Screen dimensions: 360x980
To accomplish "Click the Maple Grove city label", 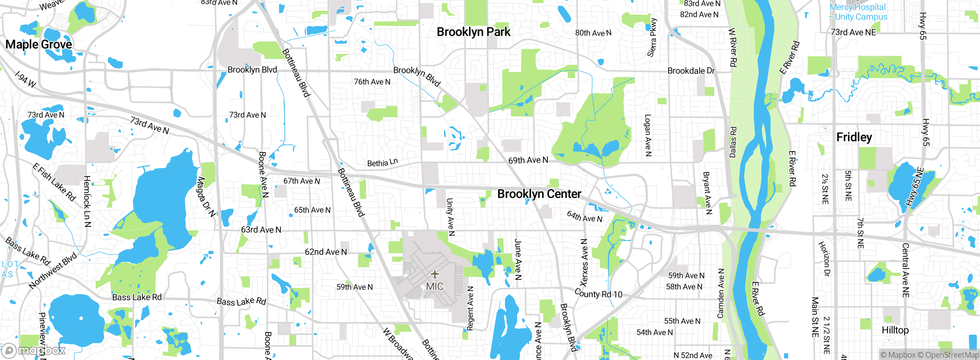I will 39,44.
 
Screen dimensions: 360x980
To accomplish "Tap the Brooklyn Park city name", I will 474,32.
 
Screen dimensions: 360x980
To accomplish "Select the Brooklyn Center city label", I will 539,194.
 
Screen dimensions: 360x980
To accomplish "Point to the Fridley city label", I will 854,137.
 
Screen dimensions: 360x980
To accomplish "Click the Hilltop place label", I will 895,330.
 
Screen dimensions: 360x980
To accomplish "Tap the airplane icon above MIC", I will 434,274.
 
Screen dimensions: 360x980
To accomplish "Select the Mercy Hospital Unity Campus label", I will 858,12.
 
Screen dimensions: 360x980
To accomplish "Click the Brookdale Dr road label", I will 691,71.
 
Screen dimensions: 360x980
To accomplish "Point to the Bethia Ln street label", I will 382,163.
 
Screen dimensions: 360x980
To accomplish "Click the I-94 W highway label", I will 25,79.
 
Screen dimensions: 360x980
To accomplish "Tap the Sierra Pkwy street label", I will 652,38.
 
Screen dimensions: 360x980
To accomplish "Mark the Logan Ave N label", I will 648,135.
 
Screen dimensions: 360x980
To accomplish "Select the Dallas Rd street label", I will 733,142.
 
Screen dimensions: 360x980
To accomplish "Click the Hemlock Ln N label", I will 87,201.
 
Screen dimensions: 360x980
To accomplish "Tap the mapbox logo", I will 34,350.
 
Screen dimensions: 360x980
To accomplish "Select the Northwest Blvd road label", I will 53,270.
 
